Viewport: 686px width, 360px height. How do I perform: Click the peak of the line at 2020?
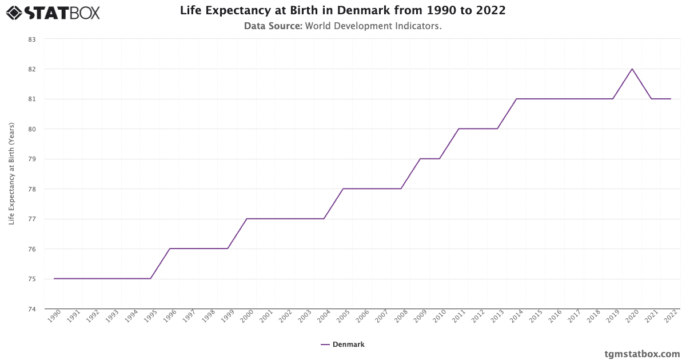[x=632, y=69]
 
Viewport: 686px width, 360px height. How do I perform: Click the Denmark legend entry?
[x=342, y=345]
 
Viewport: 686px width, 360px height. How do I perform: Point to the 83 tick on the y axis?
[x=31, y=39]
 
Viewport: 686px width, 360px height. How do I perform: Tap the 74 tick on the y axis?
[x=31, y=309]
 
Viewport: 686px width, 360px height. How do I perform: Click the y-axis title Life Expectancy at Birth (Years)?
[x=12, y=174]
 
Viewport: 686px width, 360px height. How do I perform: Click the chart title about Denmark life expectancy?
[x=342, y=10]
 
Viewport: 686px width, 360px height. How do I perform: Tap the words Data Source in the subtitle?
[x=273, y=26]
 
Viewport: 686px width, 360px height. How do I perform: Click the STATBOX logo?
[x=53, y=12]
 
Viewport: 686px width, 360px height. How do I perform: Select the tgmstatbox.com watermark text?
[x=642, y=354]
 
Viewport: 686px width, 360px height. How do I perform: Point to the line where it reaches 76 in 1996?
[x=170, y=249]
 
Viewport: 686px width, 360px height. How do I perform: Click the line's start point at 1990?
[x=54, y=279]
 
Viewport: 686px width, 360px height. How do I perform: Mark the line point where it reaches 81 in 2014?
[x=516, y=99]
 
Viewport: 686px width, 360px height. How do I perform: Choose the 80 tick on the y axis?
[x=31, y=129]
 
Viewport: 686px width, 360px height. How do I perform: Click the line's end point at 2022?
[x=670, y=99]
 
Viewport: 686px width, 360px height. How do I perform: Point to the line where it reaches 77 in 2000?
[x=247, y=219]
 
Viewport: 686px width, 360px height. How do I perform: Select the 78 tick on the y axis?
[x=31, y=189]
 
